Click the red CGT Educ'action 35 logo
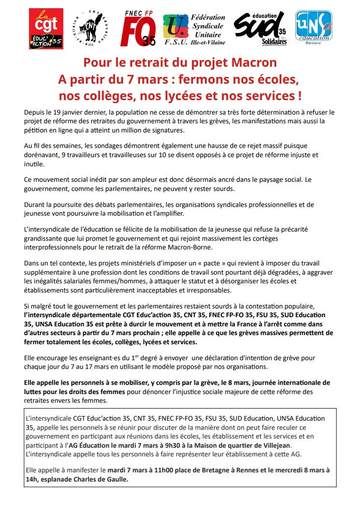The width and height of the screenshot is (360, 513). (46, 29)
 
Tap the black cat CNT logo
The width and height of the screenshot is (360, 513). (89, 28)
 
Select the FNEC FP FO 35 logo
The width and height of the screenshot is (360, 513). (137, 29)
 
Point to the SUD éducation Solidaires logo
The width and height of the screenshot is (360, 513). (261, 29)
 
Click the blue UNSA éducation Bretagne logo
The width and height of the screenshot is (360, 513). (314, 29)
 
